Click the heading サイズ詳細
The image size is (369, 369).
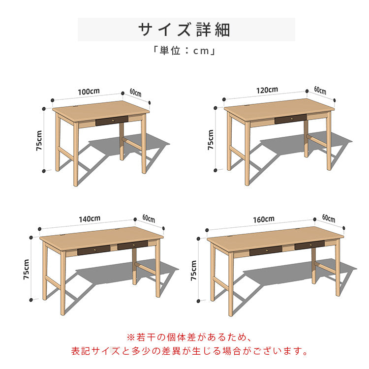tap(184, 30)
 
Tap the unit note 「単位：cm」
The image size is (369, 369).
tap(184, 50)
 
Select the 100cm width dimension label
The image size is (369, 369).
tap(89, 92)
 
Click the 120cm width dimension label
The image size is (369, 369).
tap(267, 90)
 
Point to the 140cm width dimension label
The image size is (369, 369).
tap(90, 218)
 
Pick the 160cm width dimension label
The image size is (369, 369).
tap(264, 218)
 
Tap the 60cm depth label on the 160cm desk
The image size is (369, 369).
tap(329, 218)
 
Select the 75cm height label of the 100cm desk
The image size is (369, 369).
tap(39, 141)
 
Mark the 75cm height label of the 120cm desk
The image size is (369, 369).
tap(211, 140)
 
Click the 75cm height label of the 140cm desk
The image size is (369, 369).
tap(27, 270)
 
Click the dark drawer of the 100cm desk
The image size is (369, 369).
tap(111, 120)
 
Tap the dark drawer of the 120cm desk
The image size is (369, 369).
tap(290, 119)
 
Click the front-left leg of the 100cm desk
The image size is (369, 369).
tap(75, 155)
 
